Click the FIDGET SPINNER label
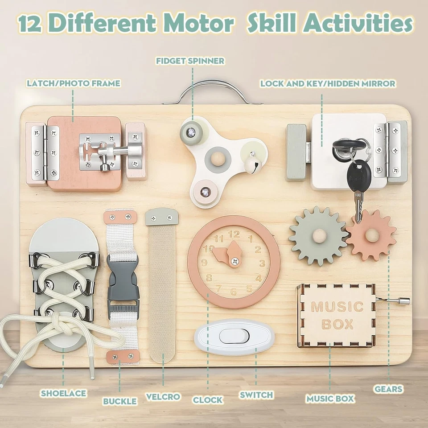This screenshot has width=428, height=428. click(190, 61)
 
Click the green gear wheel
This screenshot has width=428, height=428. click(318, 236)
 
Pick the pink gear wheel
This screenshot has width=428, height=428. click(371, 235)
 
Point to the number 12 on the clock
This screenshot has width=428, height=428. click(234, 234)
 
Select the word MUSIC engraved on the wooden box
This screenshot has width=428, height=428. click(337, 307)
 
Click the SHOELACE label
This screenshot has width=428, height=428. click(63, 394)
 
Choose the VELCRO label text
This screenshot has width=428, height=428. click(163, 397)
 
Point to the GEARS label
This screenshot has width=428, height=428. click(388, 389)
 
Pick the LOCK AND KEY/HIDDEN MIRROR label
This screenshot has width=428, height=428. click(328, 83)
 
